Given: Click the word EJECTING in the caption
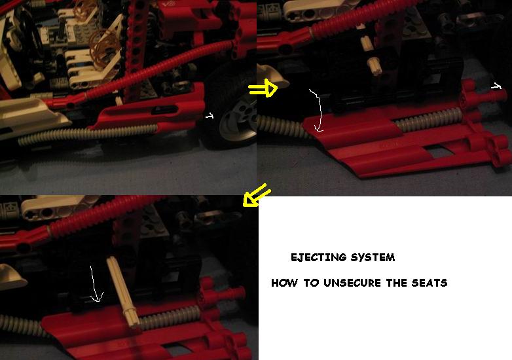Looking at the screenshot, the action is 318,257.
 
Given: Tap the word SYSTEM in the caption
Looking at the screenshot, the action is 373,257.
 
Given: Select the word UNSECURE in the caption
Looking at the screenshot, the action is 352,283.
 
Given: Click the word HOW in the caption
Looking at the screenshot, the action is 284,283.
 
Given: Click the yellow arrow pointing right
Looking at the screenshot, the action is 263,88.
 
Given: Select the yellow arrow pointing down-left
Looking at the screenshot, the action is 257,195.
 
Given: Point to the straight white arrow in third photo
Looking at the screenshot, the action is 94,283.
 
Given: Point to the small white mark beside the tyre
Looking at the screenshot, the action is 210,116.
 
